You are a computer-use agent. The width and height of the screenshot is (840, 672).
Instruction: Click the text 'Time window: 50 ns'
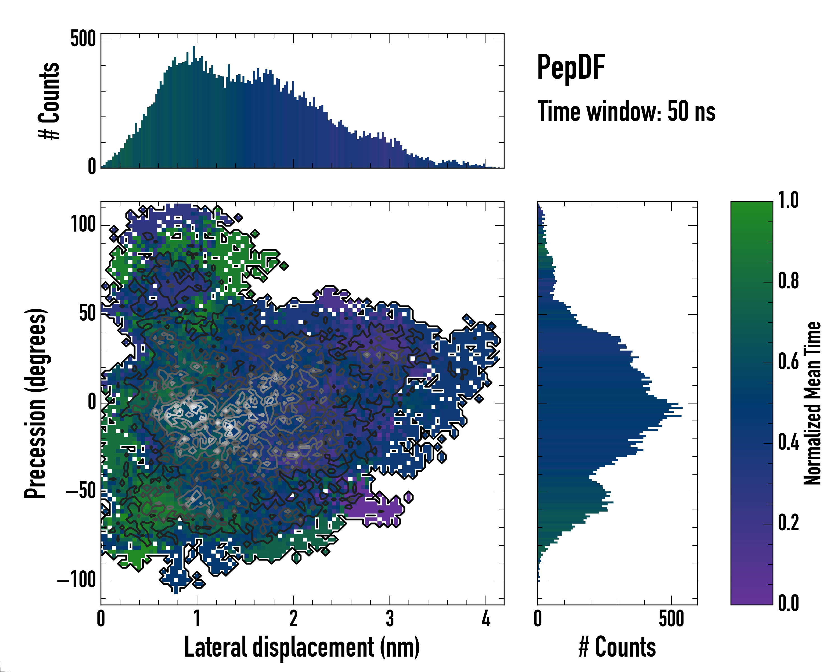(626, 111)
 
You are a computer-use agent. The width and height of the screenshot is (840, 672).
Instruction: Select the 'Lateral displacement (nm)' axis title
(302, 647)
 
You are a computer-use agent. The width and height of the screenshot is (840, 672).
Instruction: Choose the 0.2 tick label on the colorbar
(788, 523)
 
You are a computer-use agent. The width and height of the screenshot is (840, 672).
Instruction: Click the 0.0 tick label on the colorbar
(788, 603)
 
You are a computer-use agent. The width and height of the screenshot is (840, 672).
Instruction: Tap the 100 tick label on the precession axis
(83, 225)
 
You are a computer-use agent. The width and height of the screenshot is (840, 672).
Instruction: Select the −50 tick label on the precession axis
(81, 492)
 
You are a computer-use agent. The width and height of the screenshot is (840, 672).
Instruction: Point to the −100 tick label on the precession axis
(76, 580)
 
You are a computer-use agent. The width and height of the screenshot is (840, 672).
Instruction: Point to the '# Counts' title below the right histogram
(617, 647)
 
